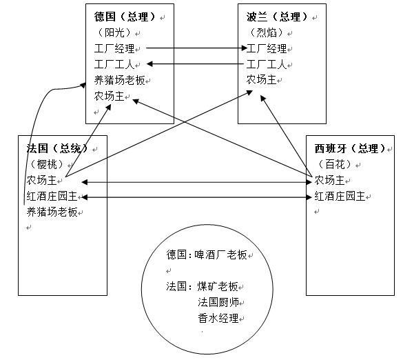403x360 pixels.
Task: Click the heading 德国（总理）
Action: click(125, 17)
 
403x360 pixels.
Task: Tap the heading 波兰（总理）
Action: click(278, 17)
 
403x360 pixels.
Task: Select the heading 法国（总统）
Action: click(58, 148)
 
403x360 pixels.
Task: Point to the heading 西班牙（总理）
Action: click(351, 148)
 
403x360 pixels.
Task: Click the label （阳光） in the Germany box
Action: click(114, 32)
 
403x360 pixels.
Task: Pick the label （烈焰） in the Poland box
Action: click(267, 32)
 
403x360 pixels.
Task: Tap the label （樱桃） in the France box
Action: click(47, 164)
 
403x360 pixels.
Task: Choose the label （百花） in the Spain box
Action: click(335, 164)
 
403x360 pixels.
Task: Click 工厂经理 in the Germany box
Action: click(114, 48)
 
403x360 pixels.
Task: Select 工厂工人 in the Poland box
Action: click(267, 64)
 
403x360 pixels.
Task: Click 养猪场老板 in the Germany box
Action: click(119, 80)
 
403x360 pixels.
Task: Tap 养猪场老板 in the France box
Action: click(52, 212)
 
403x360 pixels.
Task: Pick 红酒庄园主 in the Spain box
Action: click(340, 197)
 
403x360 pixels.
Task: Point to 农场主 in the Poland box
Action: click(261, 80)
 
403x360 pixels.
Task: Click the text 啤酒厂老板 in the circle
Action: click(220, 254)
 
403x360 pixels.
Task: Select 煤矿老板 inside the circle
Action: click(218, 286)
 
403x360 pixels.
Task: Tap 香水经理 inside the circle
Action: click(218, 319)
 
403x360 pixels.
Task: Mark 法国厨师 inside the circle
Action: click(218, 302)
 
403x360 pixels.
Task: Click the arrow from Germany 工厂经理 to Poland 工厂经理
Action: click(196, 48)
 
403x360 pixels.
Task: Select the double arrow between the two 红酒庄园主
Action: click(196, 197)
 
